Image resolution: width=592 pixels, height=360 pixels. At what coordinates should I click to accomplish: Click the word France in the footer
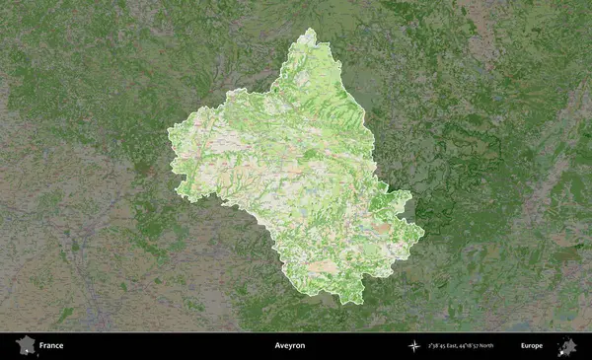(51, 346)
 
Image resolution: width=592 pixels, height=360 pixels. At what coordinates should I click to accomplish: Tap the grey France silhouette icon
(24, 346)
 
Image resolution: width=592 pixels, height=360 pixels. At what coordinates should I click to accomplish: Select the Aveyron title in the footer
(290, 346)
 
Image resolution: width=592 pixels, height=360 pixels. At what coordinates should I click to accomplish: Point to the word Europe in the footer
(532, 346)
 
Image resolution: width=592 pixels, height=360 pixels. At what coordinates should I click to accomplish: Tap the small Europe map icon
(567, 346)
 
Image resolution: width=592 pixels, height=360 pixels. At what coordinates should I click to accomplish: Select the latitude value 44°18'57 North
(489, 346)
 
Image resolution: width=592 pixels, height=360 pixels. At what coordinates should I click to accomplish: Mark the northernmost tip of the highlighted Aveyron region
(310, 30)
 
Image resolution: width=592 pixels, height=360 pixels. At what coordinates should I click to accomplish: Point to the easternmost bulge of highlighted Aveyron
(422, 234)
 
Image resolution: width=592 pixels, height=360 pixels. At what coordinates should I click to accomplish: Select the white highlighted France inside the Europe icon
(563, 349)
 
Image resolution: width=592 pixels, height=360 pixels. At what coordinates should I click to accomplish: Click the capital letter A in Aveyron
(277, 346)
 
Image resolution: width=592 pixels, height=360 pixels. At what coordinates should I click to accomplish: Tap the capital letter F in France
(42, 346)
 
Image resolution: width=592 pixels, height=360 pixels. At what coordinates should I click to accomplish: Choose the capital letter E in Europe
(523, 346)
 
